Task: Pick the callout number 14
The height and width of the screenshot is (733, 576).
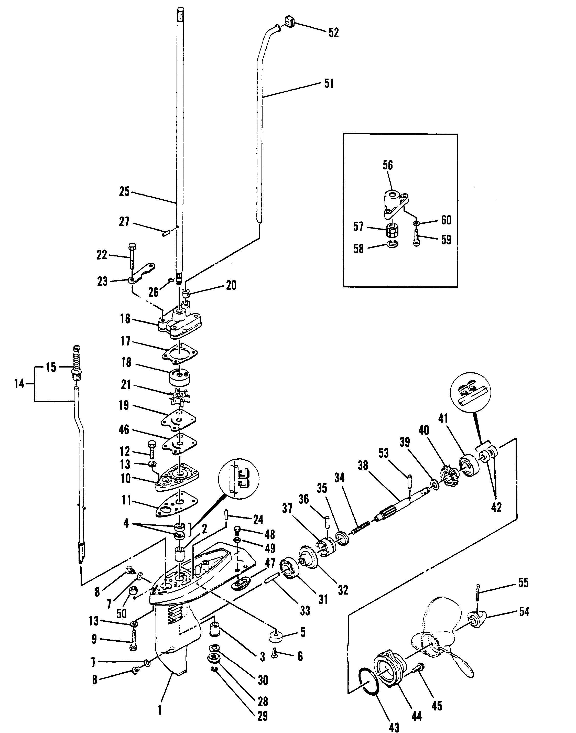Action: pos(19,384)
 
